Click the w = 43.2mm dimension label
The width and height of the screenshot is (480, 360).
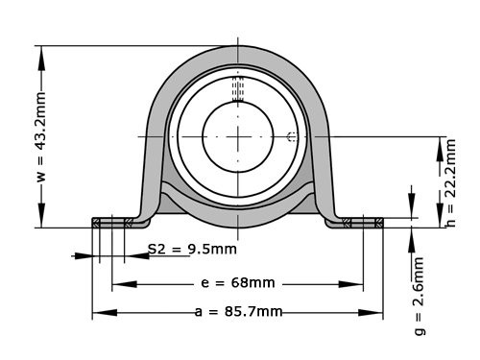pyautogui.click(x=40, y=136)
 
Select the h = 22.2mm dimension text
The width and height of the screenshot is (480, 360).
pyautogui.click(x=450, y=183)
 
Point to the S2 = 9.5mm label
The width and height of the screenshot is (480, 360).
pyautogui.click(x=192, y=249)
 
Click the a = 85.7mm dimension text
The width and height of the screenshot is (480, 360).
pyautogui.click(x=238, y=312)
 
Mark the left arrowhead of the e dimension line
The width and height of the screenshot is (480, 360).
pyautogui.click(x=118, y=284)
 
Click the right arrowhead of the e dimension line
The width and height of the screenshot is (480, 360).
pyautogui.click(x=358, y=284)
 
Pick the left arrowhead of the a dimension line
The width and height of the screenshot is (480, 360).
pyautogui.click(x=98, y=313)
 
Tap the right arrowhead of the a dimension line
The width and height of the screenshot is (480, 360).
pyautogui.click(x=377, y=313)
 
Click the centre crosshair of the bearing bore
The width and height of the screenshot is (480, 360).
pyautogui.click(x=238, y=136)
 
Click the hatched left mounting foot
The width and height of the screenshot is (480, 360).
pyautogui.click(x=112, y=223)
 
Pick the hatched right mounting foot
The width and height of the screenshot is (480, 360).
pyautogui.click(x=363, y=223)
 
